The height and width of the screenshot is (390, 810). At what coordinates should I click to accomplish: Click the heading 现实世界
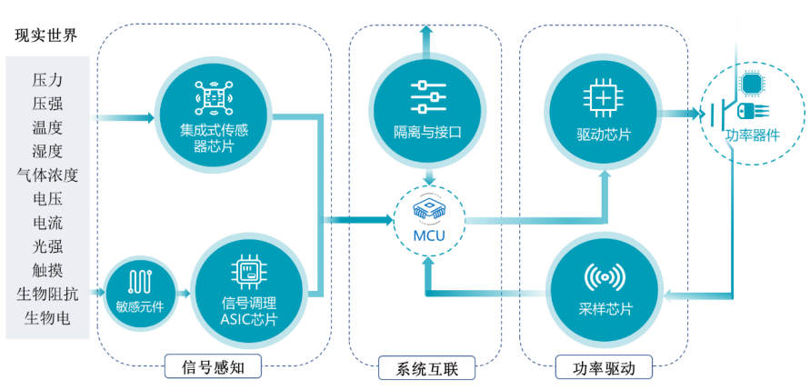(x=46, y=35)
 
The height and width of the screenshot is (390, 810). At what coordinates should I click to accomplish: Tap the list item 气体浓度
(x=47, y=174)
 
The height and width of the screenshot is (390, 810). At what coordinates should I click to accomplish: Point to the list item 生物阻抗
(x=47, y=293)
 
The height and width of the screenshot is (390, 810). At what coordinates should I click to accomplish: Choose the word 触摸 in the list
(x=47, y=269)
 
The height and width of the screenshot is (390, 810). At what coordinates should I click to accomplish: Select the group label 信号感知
(x=215, y=367)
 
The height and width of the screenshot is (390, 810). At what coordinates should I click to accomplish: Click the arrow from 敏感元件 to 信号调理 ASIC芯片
(x=183, y=293)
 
